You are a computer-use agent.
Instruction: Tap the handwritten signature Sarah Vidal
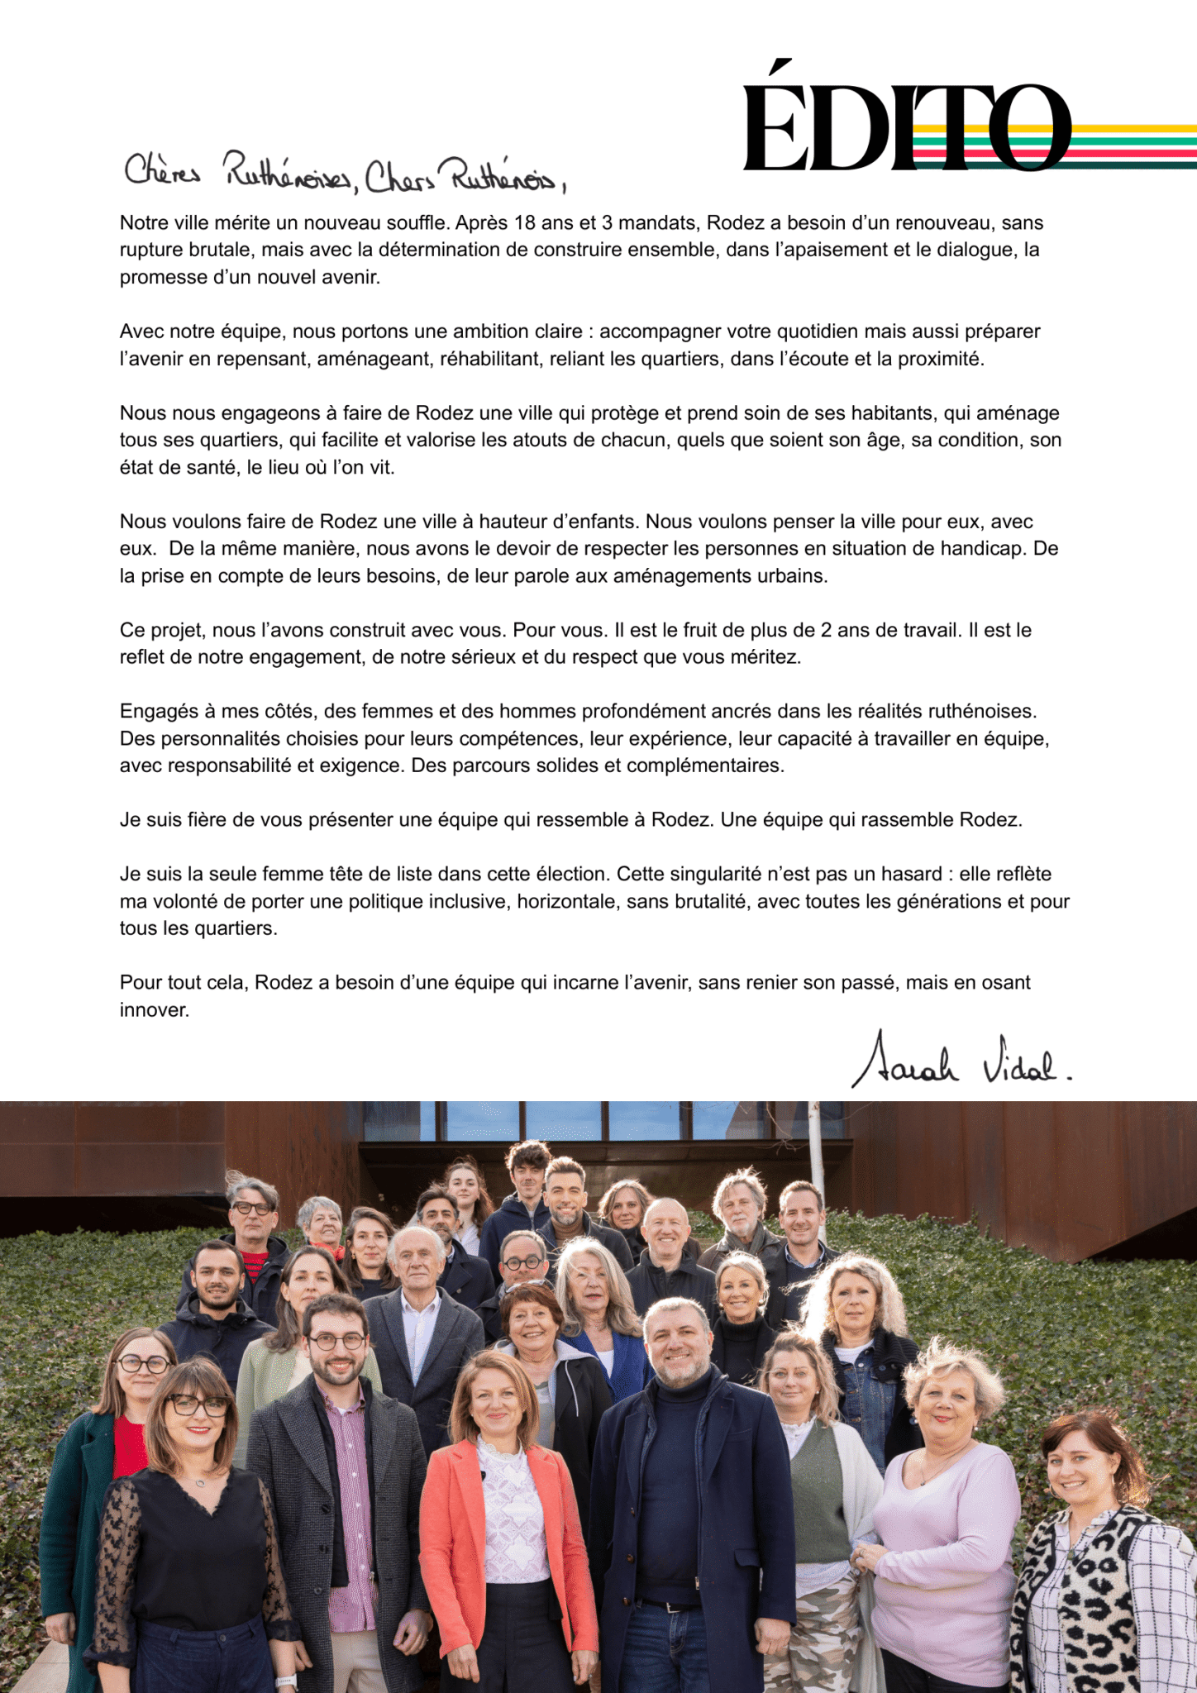point(959,1061)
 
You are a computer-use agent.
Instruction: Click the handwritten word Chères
point(162,170)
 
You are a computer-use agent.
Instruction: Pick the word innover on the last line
point(154,1010)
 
